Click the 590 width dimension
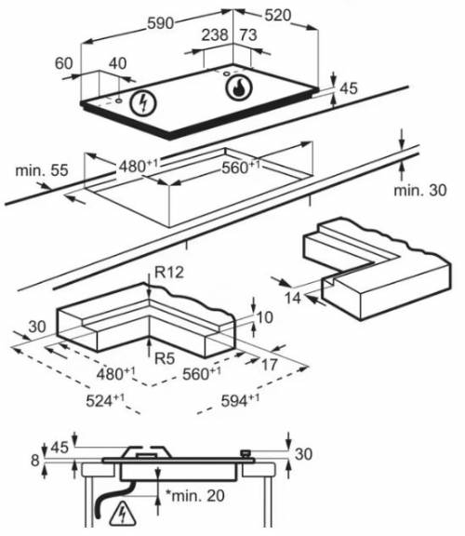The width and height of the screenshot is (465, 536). click(x=162, y=23)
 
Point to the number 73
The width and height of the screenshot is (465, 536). click(x=248, y=34)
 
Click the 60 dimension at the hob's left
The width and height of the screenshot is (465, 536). click(x=64, y=63)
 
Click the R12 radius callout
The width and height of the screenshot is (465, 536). click(x=170, y=274)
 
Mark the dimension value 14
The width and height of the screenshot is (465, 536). click(x=294, y=298)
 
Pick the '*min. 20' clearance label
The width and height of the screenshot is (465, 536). click(x=194, y=495)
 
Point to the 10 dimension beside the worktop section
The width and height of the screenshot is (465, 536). click(x=267, y=317)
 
